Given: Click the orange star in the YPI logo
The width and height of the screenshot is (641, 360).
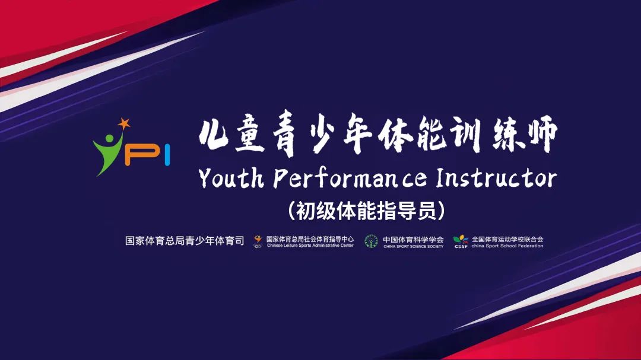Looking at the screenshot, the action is (123, 123).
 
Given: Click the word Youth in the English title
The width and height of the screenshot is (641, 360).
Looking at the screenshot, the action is (231, 178).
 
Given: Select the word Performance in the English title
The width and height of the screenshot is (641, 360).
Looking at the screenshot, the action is (350, 179).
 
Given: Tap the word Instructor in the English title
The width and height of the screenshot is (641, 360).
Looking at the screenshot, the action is (496, 178).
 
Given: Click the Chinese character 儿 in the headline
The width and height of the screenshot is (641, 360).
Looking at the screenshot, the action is (213, 135).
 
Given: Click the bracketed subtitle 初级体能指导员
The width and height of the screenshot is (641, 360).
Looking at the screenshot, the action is (366, 211).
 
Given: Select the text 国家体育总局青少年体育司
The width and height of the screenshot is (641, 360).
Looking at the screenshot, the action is (185, 241).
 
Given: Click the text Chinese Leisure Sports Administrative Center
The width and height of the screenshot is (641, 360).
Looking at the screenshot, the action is (310, 246).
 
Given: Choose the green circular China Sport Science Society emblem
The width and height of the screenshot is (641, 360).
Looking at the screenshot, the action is (371, 241).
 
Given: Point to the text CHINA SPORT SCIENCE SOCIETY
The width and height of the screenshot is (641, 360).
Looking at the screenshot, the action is (413, 246).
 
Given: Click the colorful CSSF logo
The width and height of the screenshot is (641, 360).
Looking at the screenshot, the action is (461, 241).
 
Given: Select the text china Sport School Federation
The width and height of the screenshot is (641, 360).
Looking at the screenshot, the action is (507, 246).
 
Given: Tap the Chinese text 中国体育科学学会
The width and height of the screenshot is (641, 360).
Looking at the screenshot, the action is (413, 240).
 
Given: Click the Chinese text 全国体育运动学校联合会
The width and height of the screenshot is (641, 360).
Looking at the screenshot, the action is (507, 239).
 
